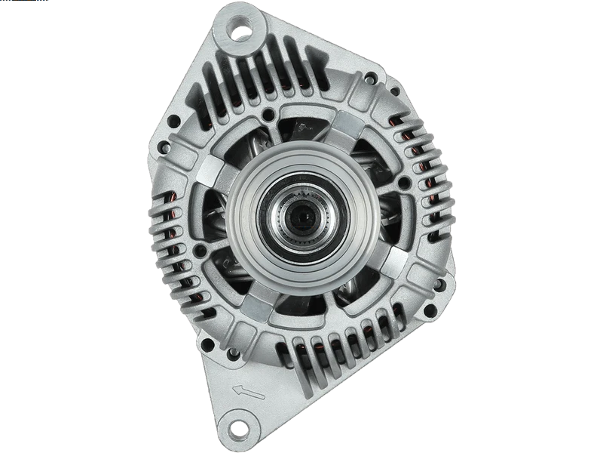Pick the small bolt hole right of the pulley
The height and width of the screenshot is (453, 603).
coord(405,183)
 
